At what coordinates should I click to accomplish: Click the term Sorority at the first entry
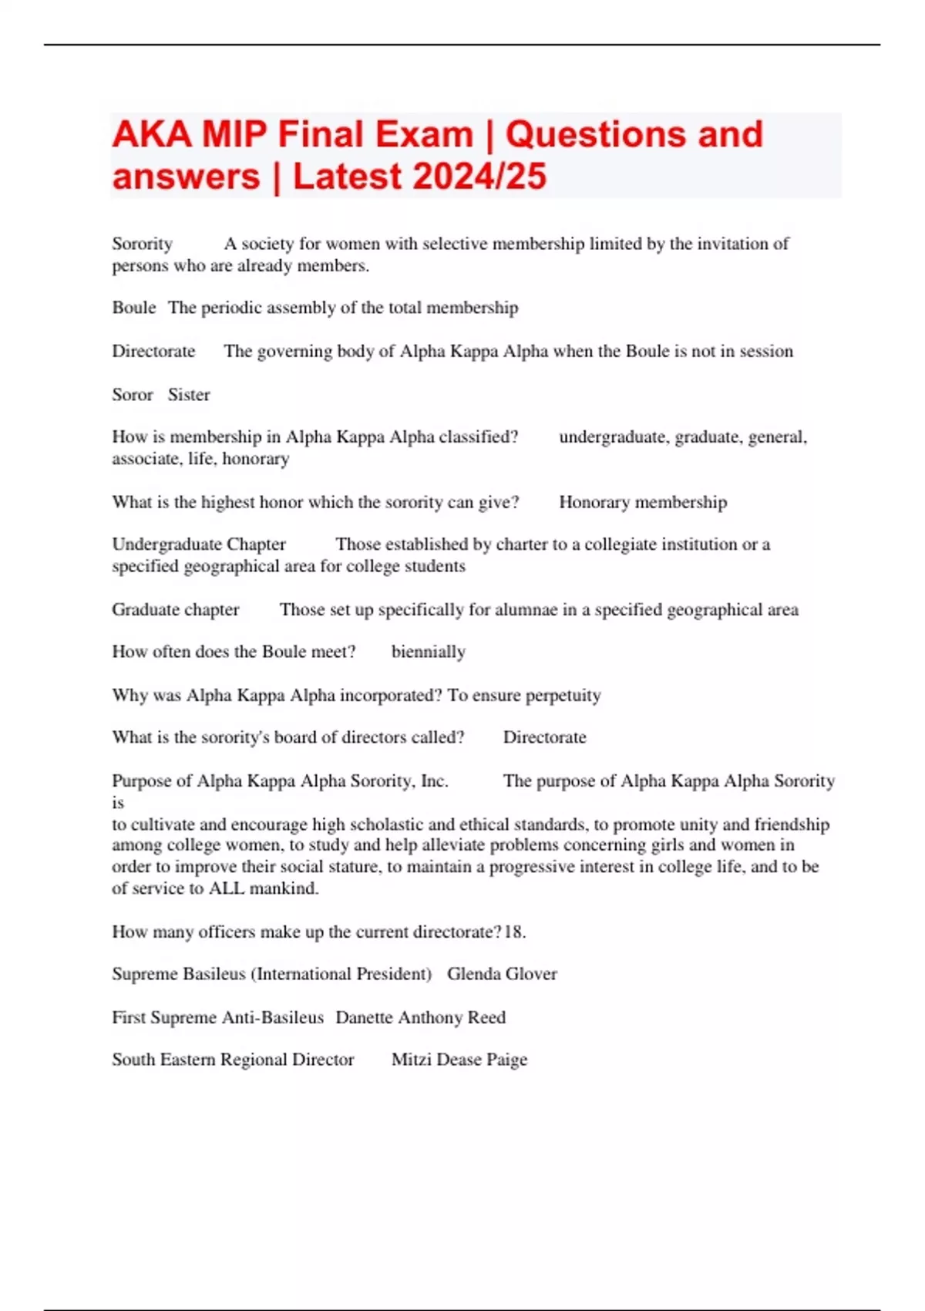(x=142, y=244)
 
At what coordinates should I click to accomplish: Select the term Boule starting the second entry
(x=133, y=308)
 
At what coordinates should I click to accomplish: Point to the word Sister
(x=189, y=395)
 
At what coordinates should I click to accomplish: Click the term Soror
(x=133, y=395)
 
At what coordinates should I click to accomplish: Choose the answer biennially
(x=429, y=652)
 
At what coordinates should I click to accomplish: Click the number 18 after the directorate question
(x=513, y=932)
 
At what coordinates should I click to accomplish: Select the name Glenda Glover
(x=502, y=974)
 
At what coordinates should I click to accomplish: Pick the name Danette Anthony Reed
(x=421, y=1017)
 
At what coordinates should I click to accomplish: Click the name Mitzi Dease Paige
(x=459, y=1060)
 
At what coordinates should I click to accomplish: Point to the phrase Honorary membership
(x=643, y=503)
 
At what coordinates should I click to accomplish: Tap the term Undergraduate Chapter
(x=199, y=544)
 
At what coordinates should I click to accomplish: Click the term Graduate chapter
(x=176, y=610)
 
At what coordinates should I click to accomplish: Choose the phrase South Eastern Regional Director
(x=233, y=1060)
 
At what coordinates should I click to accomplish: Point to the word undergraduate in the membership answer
(x=612, y=437)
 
